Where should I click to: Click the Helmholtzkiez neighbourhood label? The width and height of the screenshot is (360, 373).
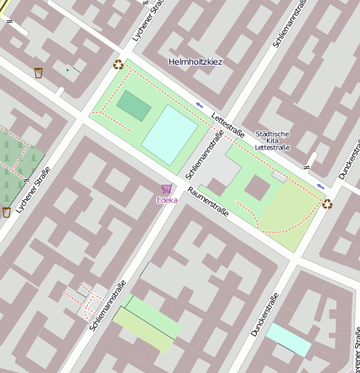(x=195, y=62)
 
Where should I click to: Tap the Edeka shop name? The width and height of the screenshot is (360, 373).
(x=166, y=200)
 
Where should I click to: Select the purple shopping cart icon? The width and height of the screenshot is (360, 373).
(x=166, y=189)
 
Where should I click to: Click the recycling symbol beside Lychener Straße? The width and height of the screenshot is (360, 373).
(x=118, y=64)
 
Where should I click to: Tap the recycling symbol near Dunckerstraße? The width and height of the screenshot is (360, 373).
(x=326, y=202)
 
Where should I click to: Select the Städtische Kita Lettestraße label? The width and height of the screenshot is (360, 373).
(x=272, y=140)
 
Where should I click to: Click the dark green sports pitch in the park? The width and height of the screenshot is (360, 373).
(x=133, y=105)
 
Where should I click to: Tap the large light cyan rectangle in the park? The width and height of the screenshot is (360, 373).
(x=173, y=133)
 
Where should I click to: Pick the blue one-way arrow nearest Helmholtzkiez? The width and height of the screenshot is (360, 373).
(x=199, y=104)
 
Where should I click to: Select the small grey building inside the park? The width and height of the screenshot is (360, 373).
(x=279, y=177)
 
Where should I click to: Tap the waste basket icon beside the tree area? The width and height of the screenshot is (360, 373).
(x=7, y=212)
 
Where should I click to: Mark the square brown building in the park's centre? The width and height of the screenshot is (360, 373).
(x=257, y=187)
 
